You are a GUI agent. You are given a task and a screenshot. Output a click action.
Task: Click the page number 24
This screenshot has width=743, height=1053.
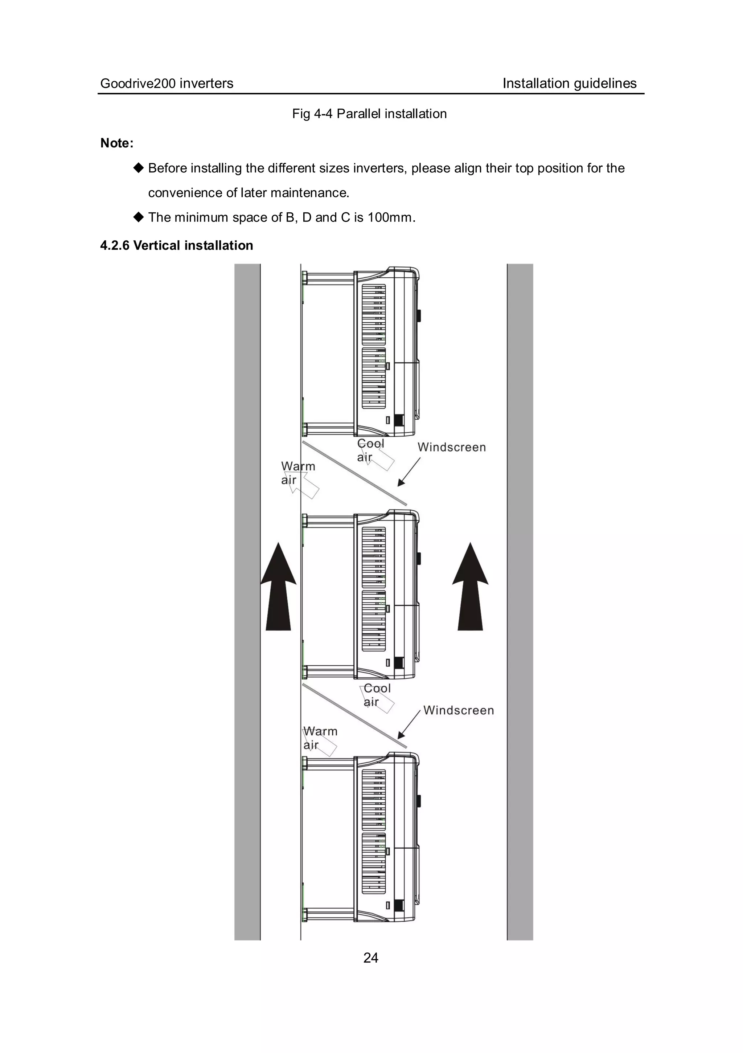370,958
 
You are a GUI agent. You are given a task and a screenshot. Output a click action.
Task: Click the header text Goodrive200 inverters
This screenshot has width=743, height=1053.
167,83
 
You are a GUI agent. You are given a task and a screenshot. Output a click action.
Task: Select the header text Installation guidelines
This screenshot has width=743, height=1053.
569,83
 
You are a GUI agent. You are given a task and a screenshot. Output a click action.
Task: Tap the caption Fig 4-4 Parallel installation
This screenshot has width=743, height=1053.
369,114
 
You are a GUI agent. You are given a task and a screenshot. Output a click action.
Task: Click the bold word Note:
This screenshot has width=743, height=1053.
117,143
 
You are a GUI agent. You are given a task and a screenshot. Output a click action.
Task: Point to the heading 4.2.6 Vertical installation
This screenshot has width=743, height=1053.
176,245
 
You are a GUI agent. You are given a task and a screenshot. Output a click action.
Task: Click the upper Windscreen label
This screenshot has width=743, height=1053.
451,447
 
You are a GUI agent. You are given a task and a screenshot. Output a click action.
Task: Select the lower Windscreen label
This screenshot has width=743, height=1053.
458,710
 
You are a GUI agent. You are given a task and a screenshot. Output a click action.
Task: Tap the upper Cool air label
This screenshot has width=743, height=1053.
370,450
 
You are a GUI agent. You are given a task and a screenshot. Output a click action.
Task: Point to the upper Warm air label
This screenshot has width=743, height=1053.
297,473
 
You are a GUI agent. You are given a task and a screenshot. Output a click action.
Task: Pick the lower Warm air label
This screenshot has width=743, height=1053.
320,738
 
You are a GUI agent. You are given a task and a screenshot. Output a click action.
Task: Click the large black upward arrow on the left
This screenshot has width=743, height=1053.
278,587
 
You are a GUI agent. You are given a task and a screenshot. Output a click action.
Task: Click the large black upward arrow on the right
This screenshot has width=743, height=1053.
470,587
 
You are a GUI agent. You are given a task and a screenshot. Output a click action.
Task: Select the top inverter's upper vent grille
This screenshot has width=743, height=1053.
374,315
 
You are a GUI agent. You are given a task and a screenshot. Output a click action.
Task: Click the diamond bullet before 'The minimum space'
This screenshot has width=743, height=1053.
139,217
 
